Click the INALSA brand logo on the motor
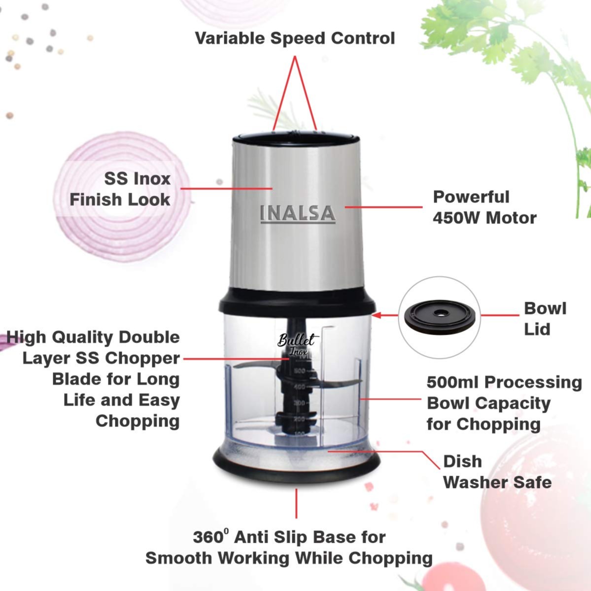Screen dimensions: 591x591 297,213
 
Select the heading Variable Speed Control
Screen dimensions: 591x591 295,38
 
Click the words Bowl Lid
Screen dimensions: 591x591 544,318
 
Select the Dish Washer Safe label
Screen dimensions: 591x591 496,472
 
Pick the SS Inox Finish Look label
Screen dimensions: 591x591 120,189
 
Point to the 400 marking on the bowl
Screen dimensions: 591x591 299,387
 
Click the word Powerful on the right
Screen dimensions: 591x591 471,197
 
